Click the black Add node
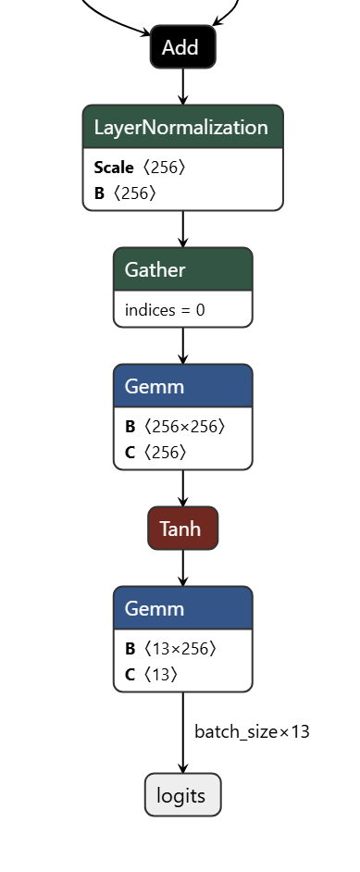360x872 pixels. click(182, 47)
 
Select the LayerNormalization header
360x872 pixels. click(182, 128)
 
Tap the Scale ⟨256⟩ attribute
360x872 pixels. click(140, 168)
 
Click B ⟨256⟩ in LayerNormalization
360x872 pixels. click(125, 193)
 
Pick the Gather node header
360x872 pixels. click(182, 269)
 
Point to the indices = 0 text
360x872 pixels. click(165, 310)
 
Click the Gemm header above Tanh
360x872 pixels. click(182, 386)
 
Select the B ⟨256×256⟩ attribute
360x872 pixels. click(175, 427)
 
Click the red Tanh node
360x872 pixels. click(182, 529)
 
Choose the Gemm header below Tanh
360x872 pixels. click(182, 608)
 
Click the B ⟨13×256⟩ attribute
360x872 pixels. click(170, 649)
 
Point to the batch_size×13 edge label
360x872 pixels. click(252, 731)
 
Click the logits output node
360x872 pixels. click(182, 795)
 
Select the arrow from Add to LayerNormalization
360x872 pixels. click(182, 86)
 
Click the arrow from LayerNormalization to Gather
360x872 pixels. click(182, 229)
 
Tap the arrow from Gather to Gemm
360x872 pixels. click(182, 345)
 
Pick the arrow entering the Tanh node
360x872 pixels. click(182, 488)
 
